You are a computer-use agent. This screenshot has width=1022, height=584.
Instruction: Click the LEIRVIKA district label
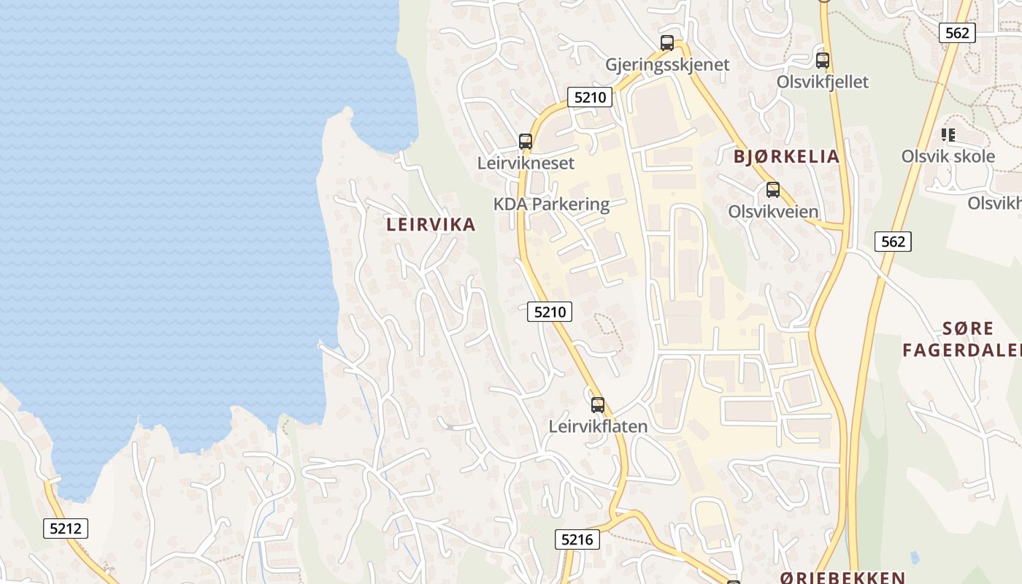[x=431, y=225]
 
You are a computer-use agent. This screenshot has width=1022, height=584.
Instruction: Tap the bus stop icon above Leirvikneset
[x=526, y=142]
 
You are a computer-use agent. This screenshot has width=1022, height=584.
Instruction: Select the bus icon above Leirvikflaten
[x=598, y=404]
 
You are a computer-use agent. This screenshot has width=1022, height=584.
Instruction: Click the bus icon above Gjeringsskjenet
[x=667, y=42]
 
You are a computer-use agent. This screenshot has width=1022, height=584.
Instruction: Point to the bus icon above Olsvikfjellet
[x=823, y=61]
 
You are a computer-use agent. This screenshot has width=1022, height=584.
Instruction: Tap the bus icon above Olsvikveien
[x=773, y=190]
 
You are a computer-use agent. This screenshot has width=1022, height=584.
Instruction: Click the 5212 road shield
[x=66, y=528]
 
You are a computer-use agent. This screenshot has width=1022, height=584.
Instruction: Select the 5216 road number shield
[x=577, y=539]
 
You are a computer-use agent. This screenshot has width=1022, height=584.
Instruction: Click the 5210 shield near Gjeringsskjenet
[x=589, y=96]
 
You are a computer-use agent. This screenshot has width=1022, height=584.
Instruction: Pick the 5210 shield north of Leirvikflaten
[x=549, y=312]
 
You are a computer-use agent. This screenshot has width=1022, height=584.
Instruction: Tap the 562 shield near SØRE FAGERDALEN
[x=893, y=241]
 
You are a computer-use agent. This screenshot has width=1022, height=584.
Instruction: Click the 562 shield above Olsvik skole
[x=956, y=32]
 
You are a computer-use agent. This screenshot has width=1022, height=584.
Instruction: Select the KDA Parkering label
[x=551, y=204]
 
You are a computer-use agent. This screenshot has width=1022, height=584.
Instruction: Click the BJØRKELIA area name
[x=786, y=156]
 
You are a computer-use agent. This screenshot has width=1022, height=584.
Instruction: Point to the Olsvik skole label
[x=948, y=156]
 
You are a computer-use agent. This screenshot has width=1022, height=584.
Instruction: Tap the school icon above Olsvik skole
[x=948, y=134]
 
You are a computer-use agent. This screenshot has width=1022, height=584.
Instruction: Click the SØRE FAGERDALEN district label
[x=961, y=339]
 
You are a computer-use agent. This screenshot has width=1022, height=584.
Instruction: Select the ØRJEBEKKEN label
[x=842, y=577]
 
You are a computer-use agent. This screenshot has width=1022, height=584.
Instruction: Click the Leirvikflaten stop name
[x=598, y=426]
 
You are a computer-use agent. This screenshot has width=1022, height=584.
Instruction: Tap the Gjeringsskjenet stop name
[x=667, y=64]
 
